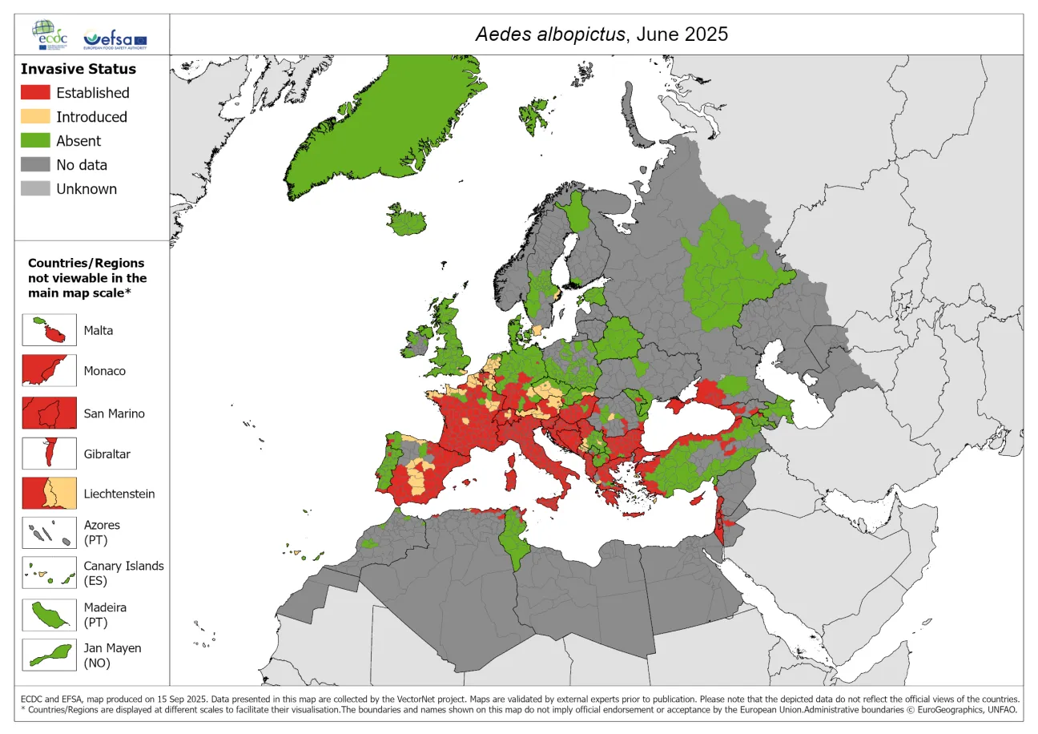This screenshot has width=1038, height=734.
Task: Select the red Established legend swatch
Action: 35,93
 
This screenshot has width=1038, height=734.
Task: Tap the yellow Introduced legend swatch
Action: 35,117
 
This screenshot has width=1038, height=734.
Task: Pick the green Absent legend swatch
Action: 35,141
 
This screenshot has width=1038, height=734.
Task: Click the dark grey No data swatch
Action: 35,165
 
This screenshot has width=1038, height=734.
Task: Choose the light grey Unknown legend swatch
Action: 35,189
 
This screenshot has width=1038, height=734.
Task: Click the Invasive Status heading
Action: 78,69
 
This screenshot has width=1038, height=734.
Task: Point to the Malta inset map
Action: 49,330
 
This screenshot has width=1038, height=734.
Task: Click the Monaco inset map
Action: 49,371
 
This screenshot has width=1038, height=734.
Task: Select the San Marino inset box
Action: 49,413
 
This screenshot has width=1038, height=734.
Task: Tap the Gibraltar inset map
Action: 49,454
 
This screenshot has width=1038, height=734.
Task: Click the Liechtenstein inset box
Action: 49,494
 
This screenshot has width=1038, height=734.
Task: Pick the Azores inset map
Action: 49,533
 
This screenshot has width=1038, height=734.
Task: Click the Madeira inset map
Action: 49,615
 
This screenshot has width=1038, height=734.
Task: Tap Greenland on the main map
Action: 376,120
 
